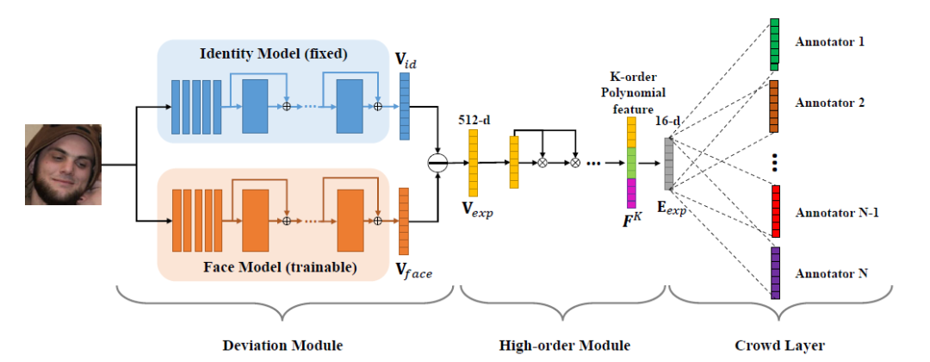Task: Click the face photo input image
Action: (x=63, y=165)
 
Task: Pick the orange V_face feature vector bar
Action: (x=404, y=221)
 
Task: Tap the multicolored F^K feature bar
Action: (x=631, y=161)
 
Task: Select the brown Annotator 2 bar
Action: (x=774, y=106)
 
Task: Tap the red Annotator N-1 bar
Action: (x=775, y=211)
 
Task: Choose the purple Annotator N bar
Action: (x=775, y=272)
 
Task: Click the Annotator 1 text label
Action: (x=830, y=41)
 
